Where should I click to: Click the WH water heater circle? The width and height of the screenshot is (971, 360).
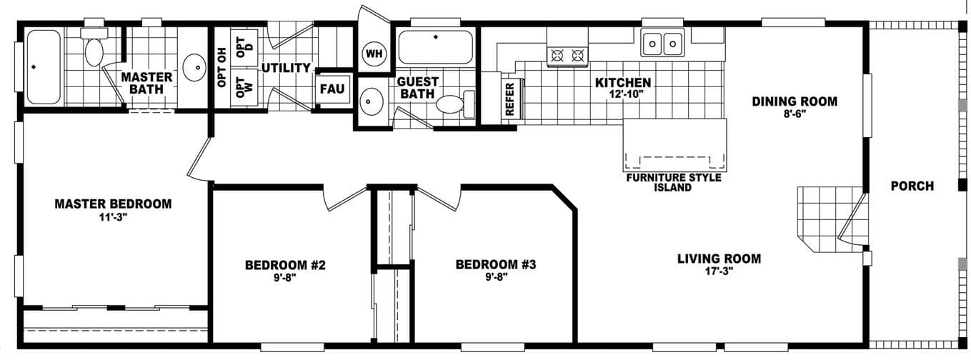[x=374, y=53]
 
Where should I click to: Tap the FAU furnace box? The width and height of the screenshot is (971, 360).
[x=332, y=89]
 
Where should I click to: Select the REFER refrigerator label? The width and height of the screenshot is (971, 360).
[x=509, y=97]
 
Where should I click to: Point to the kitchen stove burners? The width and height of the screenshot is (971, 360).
[x=567, y=54]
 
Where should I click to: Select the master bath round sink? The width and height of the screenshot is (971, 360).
[x=194, y=68]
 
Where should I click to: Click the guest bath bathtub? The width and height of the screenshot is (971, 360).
[x=434, y=47]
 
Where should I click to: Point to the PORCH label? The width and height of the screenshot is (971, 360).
[x=912, y=186]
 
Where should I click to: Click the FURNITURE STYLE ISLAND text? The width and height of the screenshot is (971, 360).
[x=673, y=182]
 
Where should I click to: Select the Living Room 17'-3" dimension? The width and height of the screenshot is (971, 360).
[x=719, y=271]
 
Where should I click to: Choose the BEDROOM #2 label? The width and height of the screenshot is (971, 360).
[x=285, y=265]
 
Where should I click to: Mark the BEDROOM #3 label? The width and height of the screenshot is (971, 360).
[x=495, y=265]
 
